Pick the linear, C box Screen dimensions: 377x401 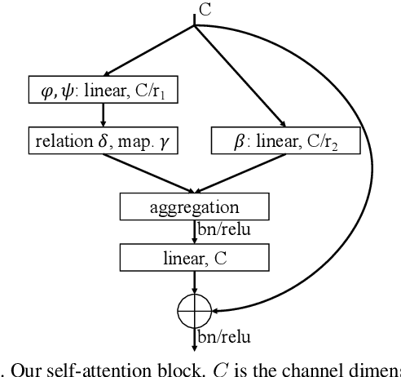point(194,259)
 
